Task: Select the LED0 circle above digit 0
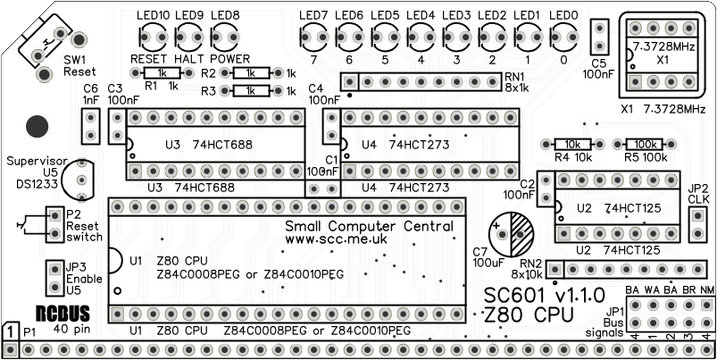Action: pyautogui.click(x=563, y=38)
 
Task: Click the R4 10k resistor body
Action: pyautogui.click(x=572, y=144)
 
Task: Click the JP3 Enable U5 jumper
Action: pyautogui.click(x=54, y=277)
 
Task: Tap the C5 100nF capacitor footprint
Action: pyautogui.click(x=598, y=39)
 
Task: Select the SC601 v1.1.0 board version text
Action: pyautogui.click(x=545, y=295)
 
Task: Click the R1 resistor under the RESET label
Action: pyautogui.click(x=162, y=73)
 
